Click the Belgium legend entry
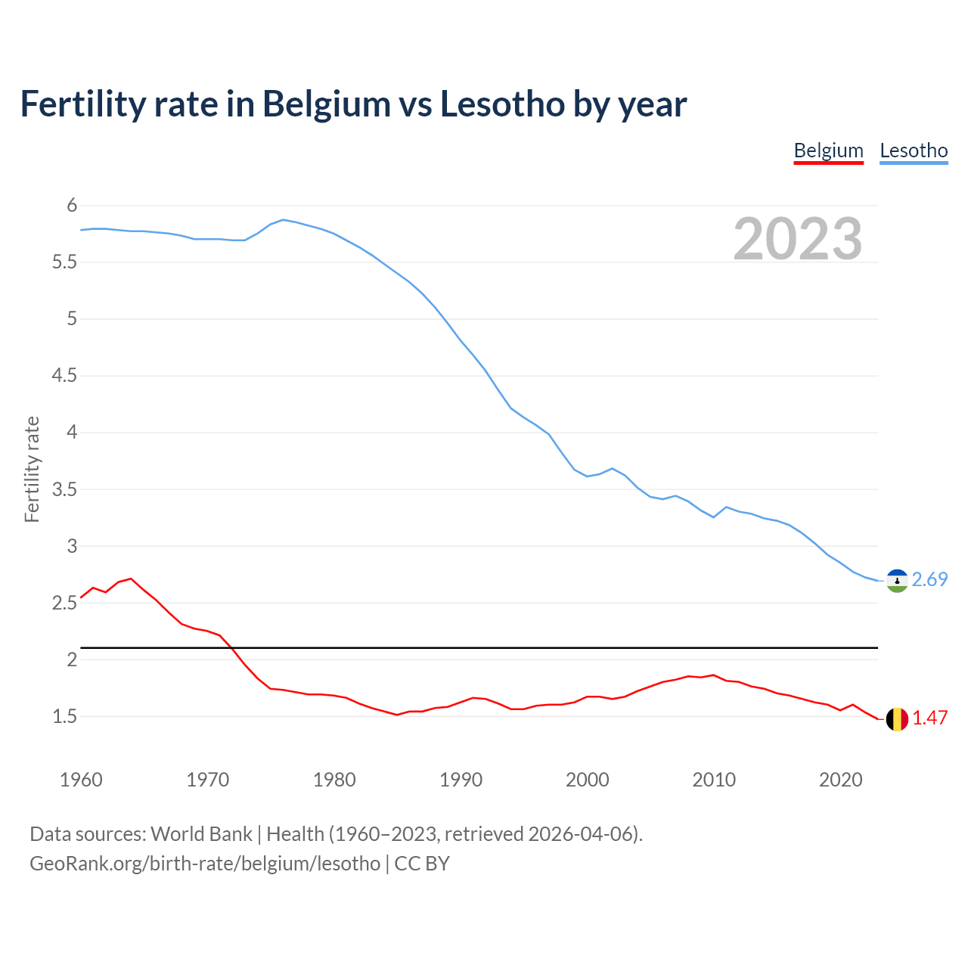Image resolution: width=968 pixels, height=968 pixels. pyautogui.click(x=828, y=150)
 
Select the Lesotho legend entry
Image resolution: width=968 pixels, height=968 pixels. pyautogui.click(x=914, y=150)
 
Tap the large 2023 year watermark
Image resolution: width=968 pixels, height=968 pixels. pyautogui.click(x=798, y=239)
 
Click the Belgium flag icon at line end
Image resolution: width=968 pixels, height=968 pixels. pyautogui.click(x=897, y=719)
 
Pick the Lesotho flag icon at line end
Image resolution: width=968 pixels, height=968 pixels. pyautogui.click(x=897, y=581)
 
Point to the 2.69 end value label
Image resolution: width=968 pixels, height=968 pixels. pyautogui.click(x=929, y=579)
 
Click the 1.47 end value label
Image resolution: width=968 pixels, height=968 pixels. pyautogui.click(x=929, y=718)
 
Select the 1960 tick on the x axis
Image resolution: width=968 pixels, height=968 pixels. pyautogui.click(x=81, y=780)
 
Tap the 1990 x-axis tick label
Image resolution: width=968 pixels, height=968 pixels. pyautogui.click(x=461, y=780)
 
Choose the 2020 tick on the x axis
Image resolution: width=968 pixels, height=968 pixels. pyautogui.click(x=840, y=780)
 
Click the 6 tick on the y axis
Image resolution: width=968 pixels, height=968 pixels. pyautogui.click(x=72, y=206)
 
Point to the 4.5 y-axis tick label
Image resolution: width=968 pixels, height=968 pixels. pyautogui.click(x=64, y=376)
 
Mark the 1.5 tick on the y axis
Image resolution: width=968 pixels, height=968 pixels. pyautogui.click(x=64, y=716)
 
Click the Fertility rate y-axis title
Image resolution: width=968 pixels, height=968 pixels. pyautogui.click(x=32, y=469)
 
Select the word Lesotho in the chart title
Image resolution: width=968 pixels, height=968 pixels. pyautogui.click(x=501, y=104)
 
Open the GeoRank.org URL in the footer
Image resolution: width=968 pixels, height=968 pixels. pyautogui.click(x=205, y=864)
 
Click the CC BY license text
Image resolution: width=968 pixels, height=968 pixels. pyautogui.click(x=422, y=864)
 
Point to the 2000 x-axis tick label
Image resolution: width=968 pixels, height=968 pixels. pyautogui.click(x=587, y=780)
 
